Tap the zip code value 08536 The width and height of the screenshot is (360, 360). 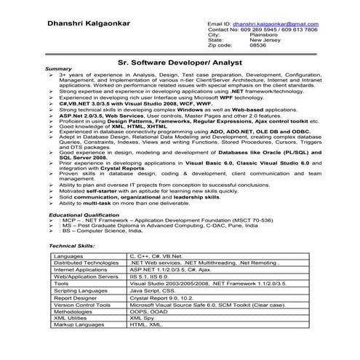coord(257,44)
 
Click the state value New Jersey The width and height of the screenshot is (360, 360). coord(265,39)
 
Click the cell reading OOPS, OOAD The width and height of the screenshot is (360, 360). coord(149,311)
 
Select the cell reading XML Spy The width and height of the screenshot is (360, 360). coord(143,317)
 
